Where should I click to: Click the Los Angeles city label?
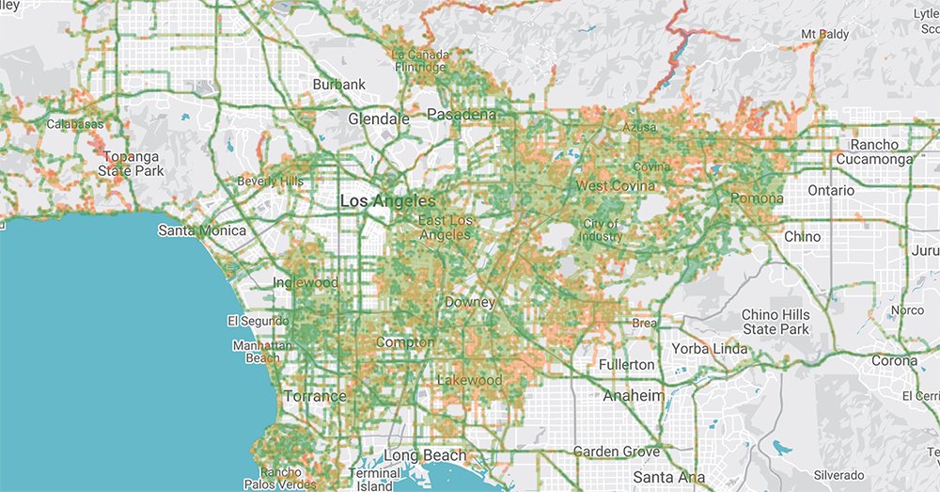pos(387,201)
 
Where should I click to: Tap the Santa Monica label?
pos(201,230)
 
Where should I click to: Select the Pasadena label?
pos(461,115)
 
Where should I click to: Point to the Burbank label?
pos(338,85)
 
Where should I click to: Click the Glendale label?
pos(379,119)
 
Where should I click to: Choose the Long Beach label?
pos(425,456)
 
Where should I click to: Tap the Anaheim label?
pos(634,395)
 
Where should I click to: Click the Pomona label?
pos(756,198)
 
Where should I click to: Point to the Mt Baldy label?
pos(824,35)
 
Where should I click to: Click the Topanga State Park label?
pos(133,163)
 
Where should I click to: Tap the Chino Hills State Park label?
pos(775,322)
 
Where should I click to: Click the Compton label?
pos(404,342)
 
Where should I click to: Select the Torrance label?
pos(315,396)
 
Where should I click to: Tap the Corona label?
pos(893,361)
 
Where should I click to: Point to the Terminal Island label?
pos(375,479)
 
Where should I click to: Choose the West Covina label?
pos(616,186)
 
